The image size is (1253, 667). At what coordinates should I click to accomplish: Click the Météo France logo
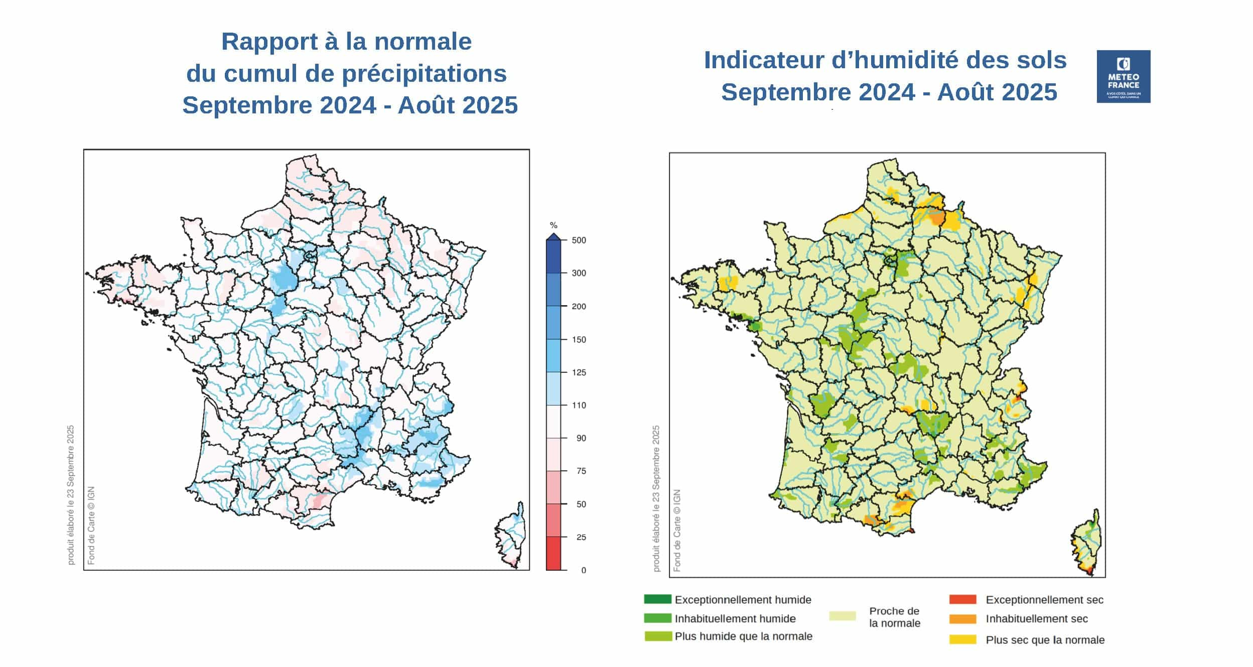(1123, 76)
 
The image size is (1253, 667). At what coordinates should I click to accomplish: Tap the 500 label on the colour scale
(579, 240)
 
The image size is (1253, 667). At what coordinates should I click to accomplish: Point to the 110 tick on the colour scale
(579, 405)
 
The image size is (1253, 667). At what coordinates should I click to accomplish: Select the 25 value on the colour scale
(581, 537)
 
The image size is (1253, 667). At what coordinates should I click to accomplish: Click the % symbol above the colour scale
(553, 225)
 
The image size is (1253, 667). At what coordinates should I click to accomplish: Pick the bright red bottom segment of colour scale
(553, 553)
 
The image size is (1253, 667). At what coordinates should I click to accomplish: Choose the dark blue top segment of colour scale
(553, 256)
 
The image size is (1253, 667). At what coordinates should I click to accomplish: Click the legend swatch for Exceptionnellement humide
(657, 599)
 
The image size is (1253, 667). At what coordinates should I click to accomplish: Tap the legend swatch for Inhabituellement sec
(962, 619)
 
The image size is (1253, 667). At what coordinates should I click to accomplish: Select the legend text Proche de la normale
(894, 617)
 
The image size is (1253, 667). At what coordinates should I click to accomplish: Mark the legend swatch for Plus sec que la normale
(962, 639)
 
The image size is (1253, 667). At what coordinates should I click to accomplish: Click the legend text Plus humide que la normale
(743, 636)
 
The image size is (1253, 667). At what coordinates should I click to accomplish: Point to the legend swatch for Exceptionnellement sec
(962, 599)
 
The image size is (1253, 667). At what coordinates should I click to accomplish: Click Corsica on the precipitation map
(510, 535)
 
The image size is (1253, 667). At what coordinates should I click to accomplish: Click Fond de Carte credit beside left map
(91, 525)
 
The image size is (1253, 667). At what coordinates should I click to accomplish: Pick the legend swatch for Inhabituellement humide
(657, 618)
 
